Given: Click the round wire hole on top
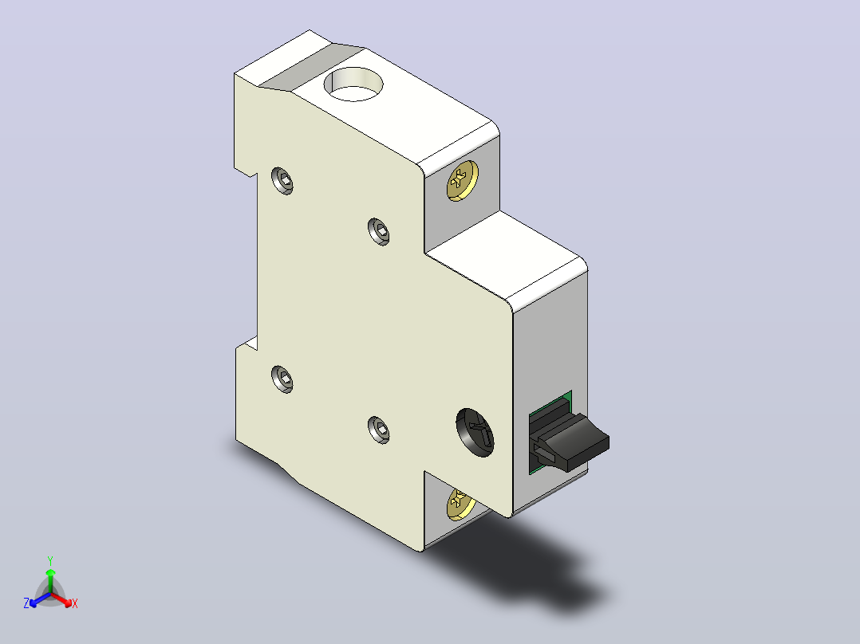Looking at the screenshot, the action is (x=353, y=84).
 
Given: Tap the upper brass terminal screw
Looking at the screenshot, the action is (x=463, y=180).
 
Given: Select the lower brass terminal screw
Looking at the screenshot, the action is (x=460, y=504).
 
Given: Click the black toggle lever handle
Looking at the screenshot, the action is (x=573, y=442).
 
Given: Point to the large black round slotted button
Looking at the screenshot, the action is (x=475, y=433).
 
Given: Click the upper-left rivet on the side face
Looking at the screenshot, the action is (x=282, y=181).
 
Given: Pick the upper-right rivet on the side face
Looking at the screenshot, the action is (x=378, y=231).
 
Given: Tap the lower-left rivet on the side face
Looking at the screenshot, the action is (x=282, y=379).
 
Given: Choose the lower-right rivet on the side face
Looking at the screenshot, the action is (x=378, y=430).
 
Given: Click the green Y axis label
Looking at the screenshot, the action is (x=50, y=560).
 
